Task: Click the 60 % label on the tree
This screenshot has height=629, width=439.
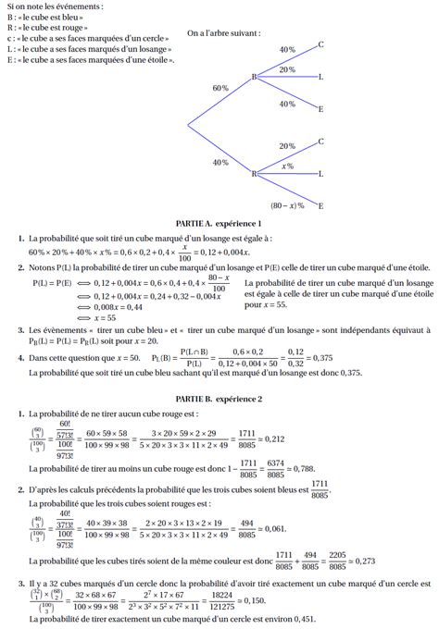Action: [219, 88]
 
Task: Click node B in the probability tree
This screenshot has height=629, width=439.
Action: [254, 78]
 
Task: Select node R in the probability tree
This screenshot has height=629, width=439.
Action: [254, 173]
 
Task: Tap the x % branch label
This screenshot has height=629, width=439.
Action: [287, 166]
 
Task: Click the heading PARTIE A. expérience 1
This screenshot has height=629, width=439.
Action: [219, 224]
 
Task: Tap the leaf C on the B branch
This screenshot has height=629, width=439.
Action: [320, 44]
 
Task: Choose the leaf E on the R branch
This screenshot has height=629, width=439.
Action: [320, 205]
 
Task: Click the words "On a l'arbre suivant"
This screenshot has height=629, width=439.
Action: [223, 32]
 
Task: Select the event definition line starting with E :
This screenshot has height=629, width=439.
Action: [90, 59]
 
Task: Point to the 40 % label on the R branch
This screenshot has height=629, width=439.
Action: [219, 162]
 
